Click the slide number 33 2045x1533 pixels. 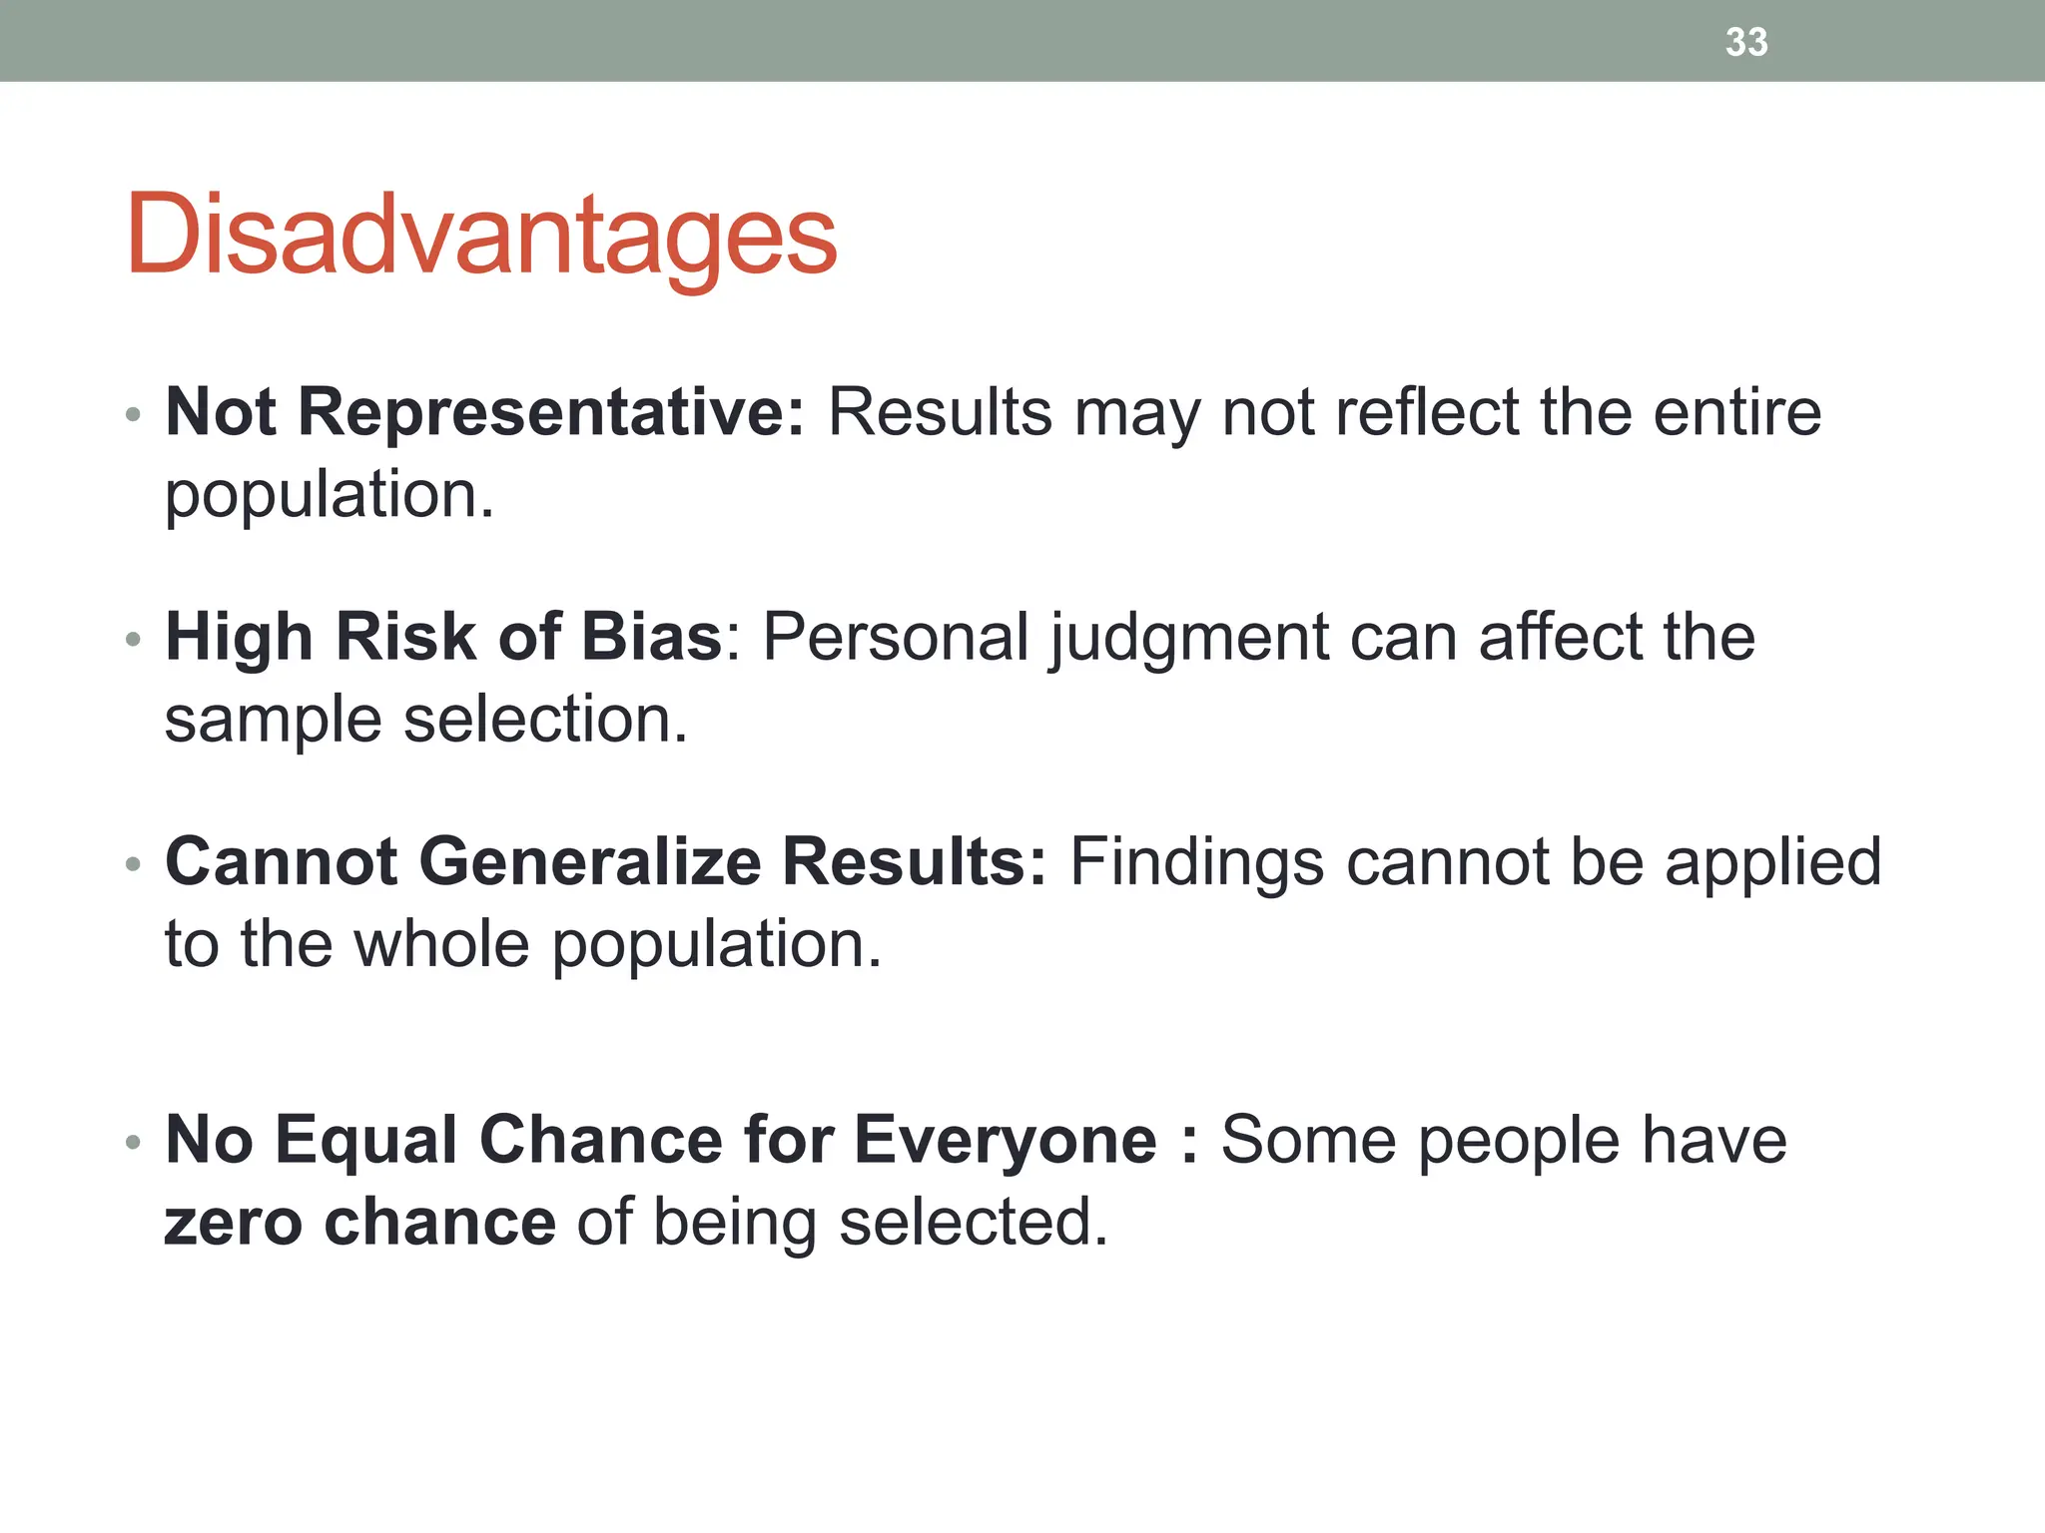click(x=1746, y=42)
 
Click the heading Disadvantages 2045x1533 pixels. click(x=481, y=235)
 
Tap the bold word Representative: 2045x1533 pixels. click(x=551, y=411)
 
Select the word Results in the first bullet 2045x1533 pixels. click(x=940, y=411)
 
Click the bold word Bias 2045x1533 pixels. click(x=651, y=636)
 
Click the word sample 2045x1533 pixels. click(x=273, y=721)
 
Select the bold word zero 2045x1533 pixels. click(x=233, y=1223)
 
